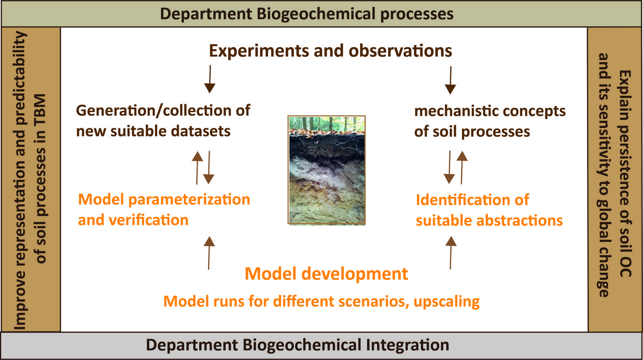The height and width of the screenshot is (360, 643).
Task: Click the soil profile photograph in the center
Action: tap(326, 170)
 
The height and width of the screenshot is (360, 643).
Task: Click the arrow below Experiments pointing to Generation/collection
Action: tap(210, 78)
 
